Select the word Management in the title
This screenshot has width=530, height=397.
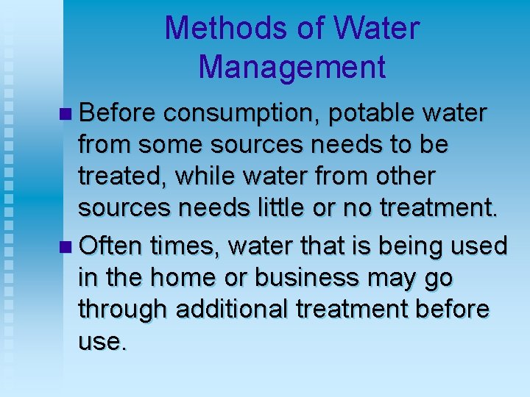click(291, 67)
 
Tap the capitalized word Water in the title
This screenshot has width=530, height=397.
click(377, 29)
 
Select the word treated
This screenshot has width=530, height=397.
click(124, 177)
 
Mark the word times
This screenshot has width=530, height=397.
click(187, 245)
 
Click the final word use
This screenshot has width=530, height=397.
click(102, 342)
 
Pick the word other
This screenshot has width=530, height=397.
click(403, 177)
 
